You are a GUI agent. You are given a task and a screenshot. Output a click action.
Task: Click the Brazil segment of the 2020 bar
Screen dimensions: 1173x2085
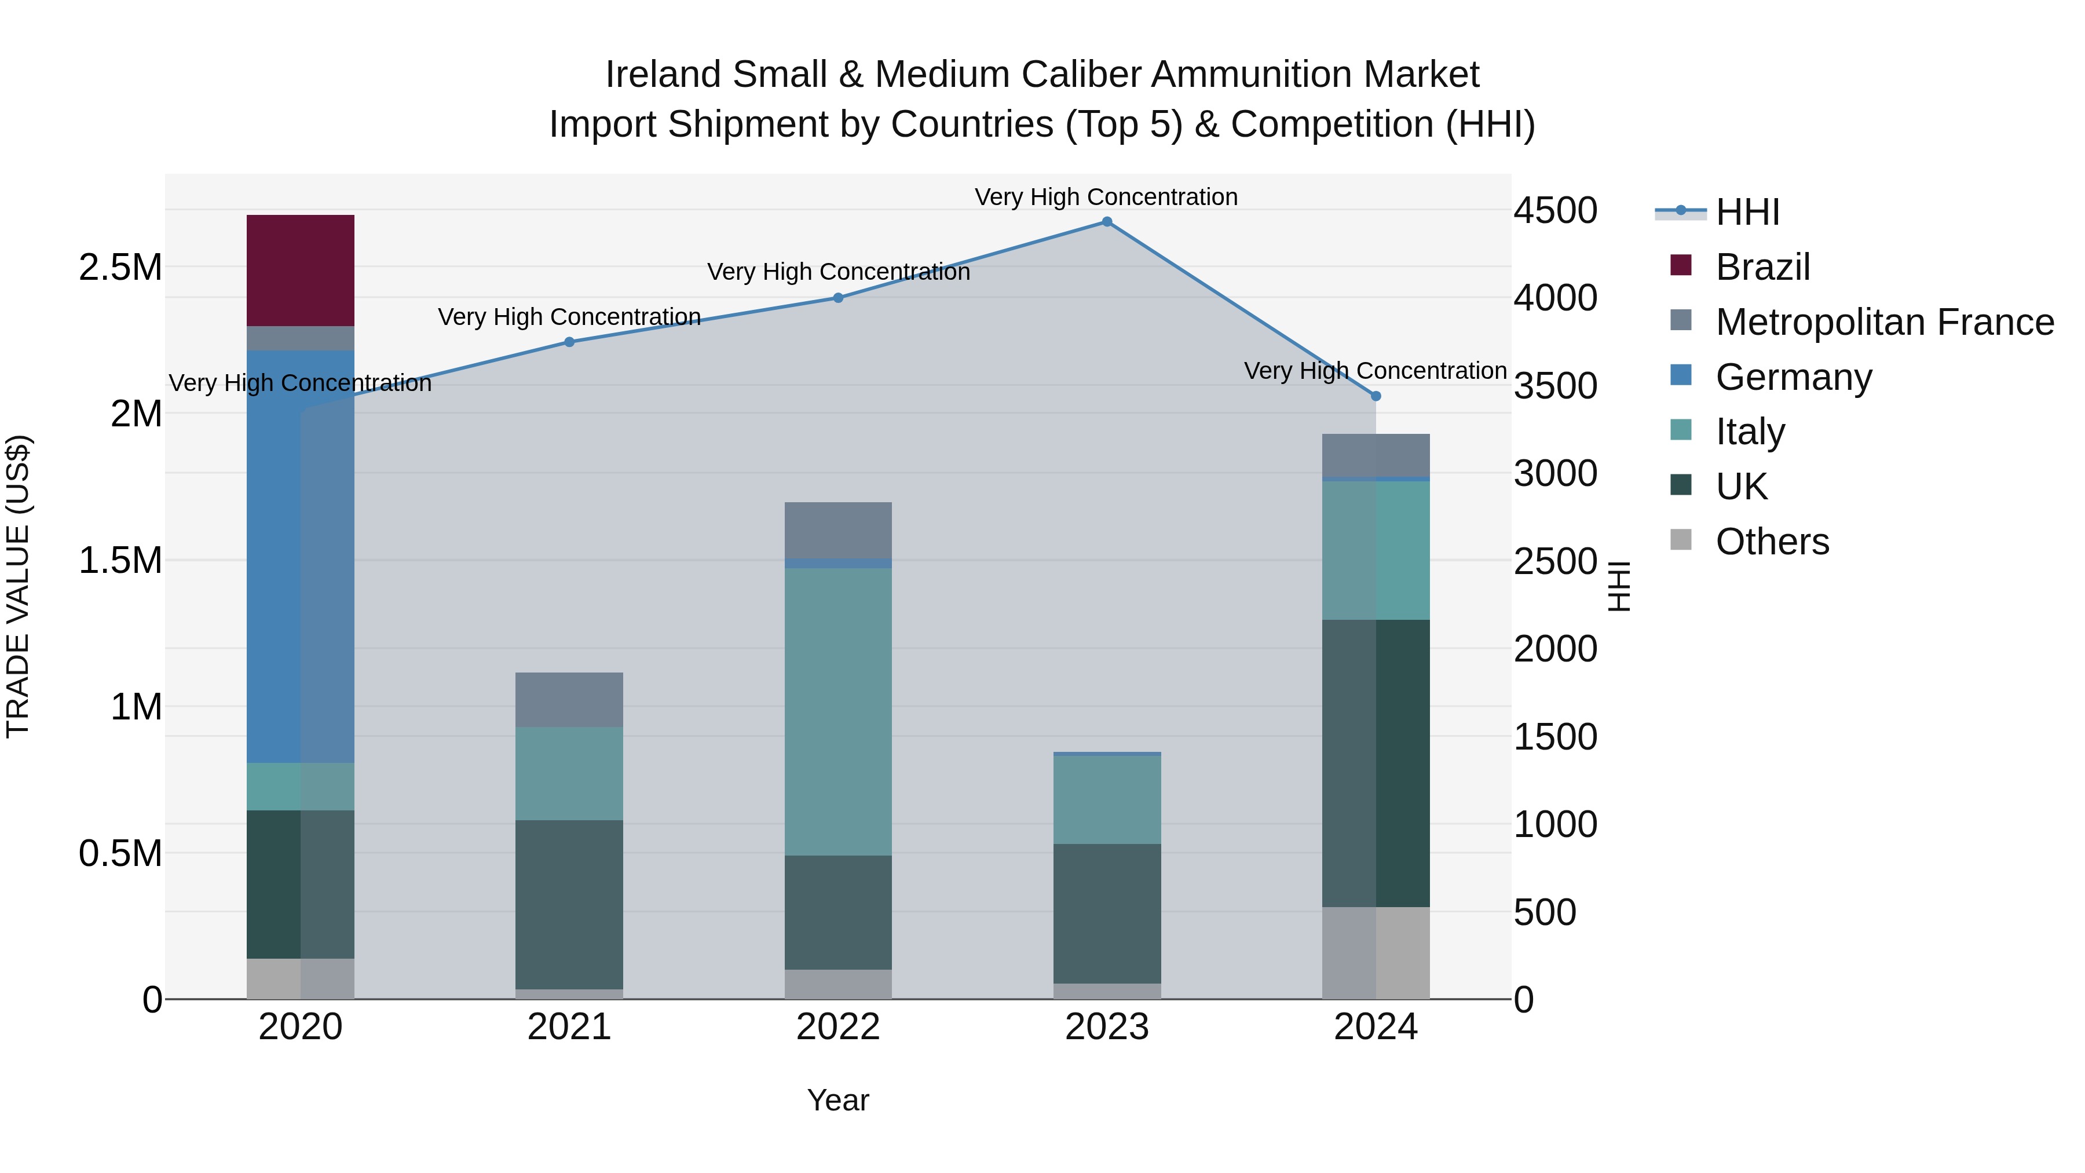300,271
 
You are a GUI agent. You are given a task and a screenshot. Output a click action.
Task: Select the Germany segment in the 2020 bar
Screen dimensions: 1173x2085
300,556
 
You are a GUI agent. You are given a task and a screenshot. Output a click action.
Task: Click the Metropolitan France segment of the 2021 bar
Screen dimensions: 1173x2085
569,699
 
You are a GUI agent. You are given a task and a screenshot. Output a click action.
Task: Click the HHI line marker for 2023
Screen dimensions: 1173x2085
1106,222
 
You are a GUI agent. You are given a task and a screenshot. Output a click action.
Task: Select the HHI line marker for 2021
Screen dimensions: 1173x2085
569,342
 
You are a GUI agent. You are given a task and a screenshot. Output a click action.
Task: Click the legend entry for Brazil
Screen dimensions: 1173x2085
1762,267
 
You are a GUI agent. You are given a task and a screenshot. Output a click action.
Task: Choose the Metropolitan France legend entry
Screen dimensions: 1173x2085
1884,322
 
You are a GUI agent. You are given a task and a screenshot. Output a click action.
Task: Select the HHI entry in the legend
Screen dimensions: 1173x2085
1747,212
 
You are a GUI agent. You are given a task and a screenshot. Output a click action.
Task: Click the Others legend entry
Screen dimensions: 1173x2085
1772,542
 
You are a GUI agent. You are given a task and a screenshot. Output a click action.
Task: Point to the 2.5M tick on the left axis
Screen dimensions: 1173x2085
120,267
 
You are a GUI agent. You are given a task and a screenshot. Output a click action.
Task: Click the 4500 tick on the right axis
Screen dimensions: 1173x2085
1555,210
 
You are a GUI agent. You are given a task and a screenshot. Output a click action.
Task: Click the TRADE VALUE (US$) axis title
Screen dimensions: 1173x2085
18,586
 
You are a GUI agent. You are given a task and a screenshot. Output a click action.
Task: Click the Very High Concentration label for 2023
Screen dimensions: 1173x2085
1106,197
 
